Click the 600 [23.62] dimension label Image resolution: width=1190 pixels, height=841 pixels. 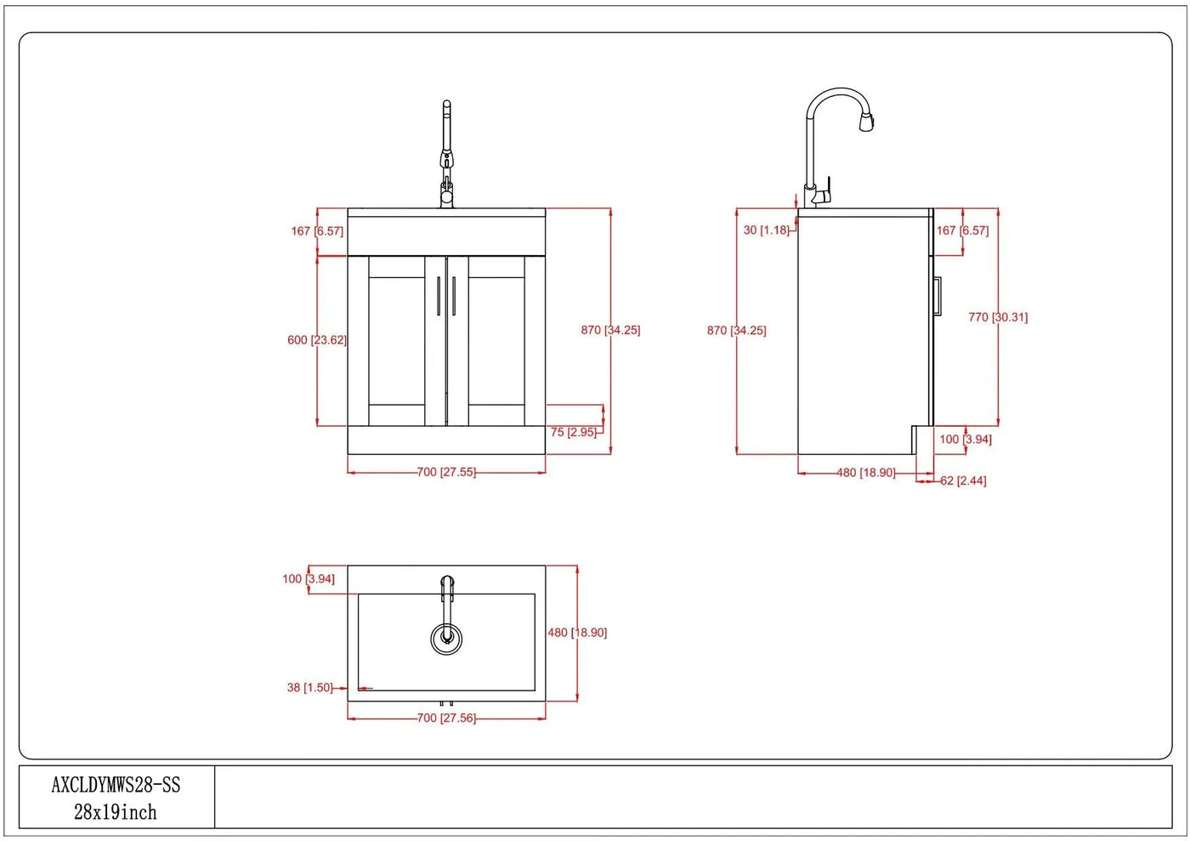point(316,339)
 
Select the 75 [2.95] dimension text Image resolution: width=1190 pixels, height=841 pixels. point(573,432)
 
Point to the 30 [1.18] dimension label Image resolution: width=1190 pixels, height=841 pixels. point(766,230)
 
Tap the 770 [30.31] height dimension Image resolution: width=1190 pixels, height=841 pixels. point(998,317)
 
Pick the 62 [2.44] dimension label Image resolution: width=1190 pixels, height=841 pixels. point(963,481)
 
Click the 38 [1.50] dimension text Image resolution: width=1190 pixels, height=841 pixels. point(309,687)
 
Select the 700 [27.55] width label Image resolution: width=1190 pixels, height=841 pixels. point(446,472)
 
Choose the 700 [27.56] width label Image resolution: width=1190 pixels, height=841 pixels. point(446,719)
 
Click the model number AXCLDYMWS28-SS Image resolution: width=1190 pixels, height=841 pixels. point(116,785)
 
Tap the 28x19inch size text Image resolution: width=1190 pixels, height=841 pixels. point(116,812)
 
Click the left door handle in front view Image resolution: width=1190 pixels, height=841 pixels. point(439,296)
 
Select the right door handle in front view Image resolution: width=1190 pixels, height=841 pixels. point(454,296)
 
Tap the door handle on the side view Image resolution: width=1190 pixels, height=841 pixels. point(938,296)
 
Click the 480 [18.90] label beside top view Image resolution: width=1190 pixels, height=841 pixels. point(577,633)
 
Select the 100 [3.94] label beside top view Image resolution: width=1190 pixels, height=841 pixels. point(308,579)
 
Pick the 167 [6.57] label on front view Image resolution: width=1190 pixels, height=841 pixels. point(316,231)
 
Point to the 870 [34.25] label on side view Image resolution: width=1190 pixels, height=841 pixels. point(736,331)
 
